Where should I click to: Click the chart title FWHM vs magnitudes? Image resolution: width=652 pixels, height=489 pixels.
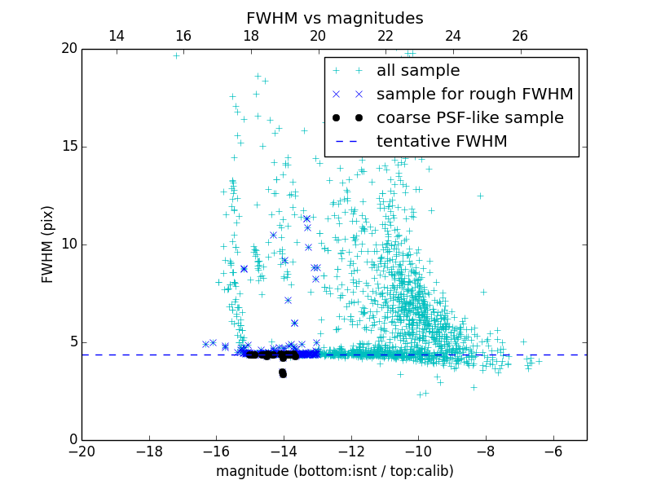tap(334, 18)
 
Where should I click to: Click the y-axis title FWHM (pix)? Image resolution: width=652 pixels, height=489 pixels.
tap(48, 244)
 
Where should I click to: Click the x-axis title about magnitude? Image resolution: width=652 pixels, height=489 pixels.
tap(334, 471)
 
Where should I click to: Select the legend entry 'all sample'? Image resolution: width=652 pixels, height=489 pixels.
tap(418, 71)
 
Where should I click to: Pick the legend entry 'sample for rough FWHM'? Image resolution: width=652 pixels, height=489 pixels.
tap(474, 95)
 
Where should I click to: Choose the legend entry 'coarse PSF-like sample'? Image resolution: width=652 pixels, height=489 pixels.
tap(469, 118)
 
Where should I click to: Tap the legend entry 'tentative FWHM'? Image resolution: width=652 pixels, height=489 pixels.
tap(442, 142)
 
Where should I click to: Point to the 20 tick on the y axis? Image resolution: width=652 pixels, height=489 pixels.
tap(68, 49)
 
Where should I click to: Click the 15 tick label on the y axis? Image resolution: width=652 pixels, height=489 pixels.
tap(68, 147)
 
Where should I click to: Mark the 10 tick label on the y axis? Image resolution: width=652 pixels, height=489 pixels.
tap(68, 244)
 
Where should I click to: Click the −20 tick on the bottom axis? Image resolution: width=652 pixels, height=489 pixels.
tap(81, 451)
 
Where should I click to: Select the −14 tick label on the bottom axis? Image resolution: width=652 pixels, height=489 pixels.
tap(283, 451)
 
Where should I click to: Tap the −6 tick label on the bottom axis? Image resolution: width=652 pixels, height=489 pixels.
tap(553, 451)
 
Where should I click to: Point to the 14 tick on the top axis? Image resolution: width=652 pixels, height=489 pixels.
tap(116, 36)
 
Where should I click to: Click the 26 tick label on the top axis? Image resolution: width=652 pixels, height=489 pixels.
tap(520, 36)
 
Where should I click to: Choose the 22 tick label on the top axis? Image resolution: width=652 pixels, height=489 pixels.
tap(385, 36)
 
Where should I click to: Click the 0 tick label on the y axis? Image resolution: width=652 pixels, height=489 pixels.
tap(73, 440)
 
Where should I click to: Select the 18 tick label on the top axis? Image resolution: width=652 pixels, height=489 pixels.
tap(250, 36)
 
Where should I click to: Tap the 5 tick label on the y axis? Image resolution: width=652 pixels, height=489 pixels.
tap(73, 342)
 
